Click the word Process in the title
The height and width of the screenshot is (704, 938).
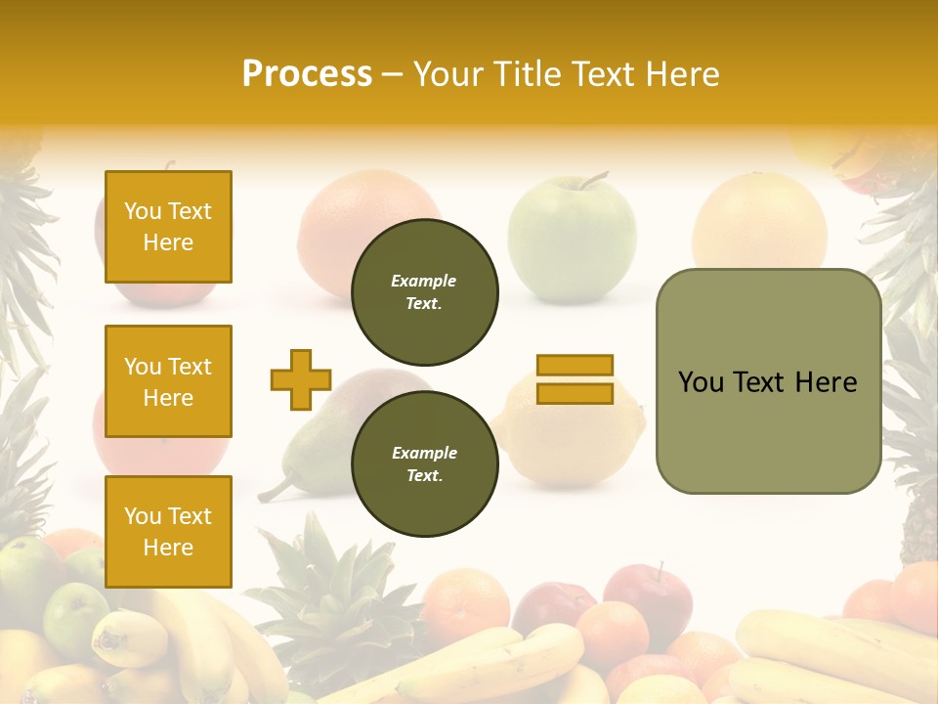pos(307,74)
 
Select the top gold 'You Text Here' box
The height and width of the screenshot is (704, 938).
pos(168,227)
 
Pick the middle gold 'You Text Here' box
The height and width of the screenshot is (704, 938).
pos(168,381)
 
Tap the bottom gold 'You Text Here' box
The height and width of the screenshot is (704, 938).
pos(168,532)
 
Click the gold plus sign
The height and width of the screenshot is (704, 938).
pos(301,379)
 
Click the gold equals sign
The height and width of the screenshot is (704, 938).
pos(575,379)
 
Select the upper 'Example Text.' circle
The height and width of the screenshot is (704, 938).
pos(424,291)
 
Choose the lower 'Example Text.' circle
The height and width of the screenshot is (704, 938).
pos(424,463)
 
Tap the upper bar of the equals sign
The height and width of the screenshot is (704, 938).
pos(575,366)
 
